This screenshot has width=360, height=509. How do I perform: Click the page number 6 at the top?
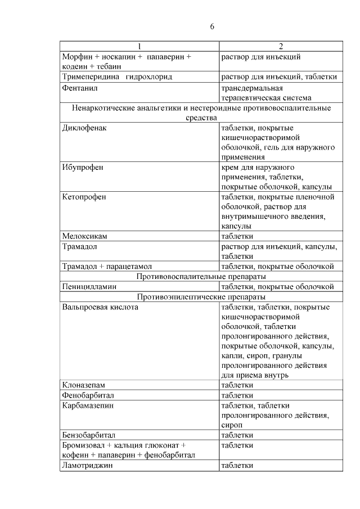pos(212,26)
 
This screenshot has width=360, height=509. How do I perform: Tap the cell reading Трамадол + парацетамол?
pos(107,266)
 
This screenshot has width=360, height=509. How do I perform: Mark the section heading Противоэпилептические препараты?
pos(201,296)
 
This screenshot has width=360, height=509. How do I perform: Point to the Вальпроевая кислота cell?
pos(100,307)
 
